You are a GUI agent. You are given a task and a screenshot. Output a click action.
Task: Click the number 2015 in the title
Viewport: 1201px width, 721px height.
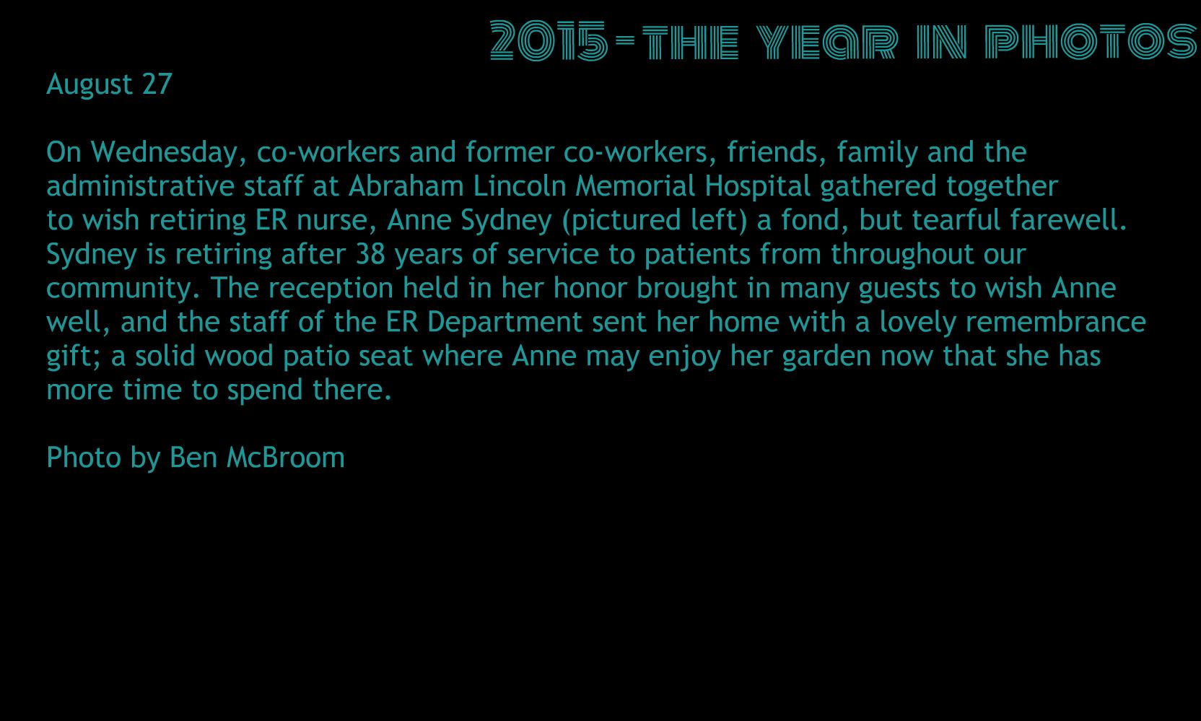(549, 40)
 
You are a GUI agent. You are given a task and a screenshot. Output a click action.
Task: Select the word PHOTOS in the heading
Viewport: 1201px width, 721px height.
(1091, 41)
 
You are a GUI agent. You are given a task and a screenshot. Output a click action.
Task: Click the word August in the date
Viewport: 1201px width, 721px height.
(89, 84)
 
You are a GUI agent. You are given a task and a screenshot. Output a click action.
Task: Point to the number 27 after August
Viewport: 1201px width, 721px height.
(157, 84)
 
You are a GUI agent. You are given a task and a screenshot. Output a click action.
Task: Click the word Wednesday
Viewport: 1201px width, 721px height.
(168, 153)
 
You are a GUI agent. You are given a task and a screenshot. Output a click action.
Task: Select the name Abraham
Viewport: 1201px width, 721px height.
(406, 186)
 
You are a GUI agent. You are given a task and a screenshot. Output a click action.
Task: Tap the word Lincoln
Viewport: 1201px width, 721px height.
(520, 186)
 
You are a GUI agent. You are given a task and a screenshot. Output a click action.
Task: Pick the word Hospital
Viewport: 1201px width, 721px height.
(757, 187)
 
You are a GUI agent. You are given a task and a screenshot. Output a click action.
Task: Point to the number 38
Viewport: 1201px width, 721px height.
(370, 254)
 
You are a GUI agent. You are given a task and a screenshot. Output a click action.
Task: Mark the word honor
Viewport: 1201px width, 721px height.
(590, 288)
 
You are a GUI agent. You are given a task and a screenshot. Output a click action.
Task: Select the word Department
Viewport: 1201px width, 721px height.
(505, 323)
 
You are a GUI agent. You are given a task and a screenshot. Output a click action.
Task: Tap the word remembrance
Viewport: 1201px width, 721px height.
(1055, 322)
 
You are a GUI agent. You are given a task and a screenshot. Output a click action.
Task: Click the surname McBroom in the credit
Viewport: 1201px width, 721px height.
(285, 458)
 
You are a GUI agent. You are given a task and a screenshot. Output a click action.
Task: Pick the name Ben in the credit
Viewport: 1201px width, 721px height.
(193, 458)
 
